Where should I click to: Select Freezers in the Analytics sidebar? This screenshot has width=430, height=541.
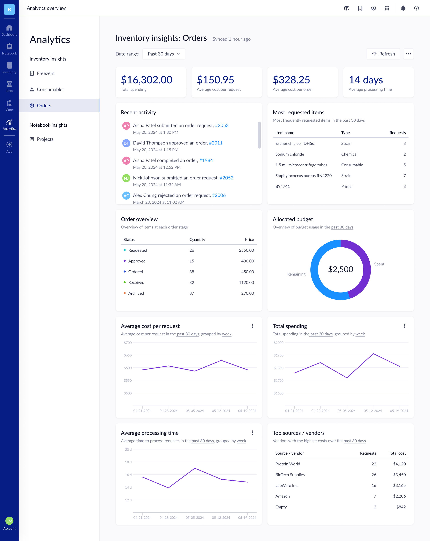[45, 73]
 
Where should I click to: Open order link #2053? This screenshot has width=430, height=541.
[222, 125]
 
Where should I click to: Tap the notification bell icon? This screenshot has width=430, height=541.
[403, 8]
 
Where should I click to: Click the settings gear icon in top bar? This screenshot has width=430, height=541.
[373, 8]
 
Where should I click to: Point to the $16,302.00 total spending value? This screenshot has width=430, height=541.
[147, 80]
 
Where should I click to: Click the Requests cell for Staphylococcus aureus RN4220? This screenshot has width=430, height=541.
[404, 176]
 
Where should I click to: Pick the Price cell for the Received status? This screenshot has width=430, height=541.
[246, 283]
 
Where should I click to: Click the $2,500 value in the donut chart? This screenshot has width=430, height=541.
[340, 269]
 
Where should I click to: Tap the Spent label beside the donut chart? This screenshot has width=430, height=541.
[379, 264]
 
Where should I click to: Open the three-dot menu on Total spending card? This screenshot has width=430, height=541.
[404, 326]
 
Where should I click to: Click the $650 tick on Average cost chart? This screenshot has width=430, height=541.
[128, 355]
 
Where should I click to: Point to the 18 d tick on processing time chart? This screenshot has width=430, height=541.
[128, 462]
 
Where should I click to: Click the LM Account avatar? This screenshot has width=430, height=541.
[9, 521]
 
